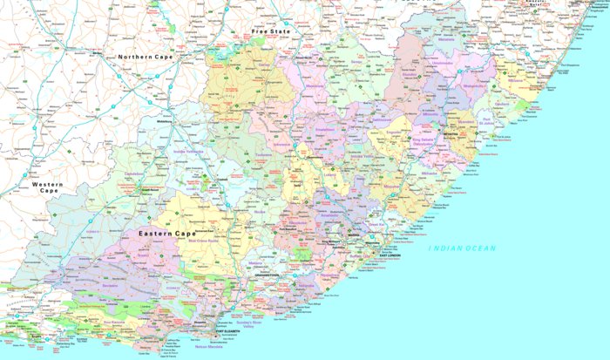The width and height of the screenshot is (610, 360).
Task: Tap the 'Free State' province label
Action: [269, 31]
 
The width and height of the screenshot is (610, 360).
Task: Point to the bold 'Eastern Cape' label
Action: [166, 234]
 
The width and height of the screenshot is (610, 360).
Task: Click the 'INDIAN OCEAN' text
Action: [461, 248]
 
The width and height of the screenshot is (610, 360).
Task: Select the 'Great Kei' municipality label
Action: [376, 225]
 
